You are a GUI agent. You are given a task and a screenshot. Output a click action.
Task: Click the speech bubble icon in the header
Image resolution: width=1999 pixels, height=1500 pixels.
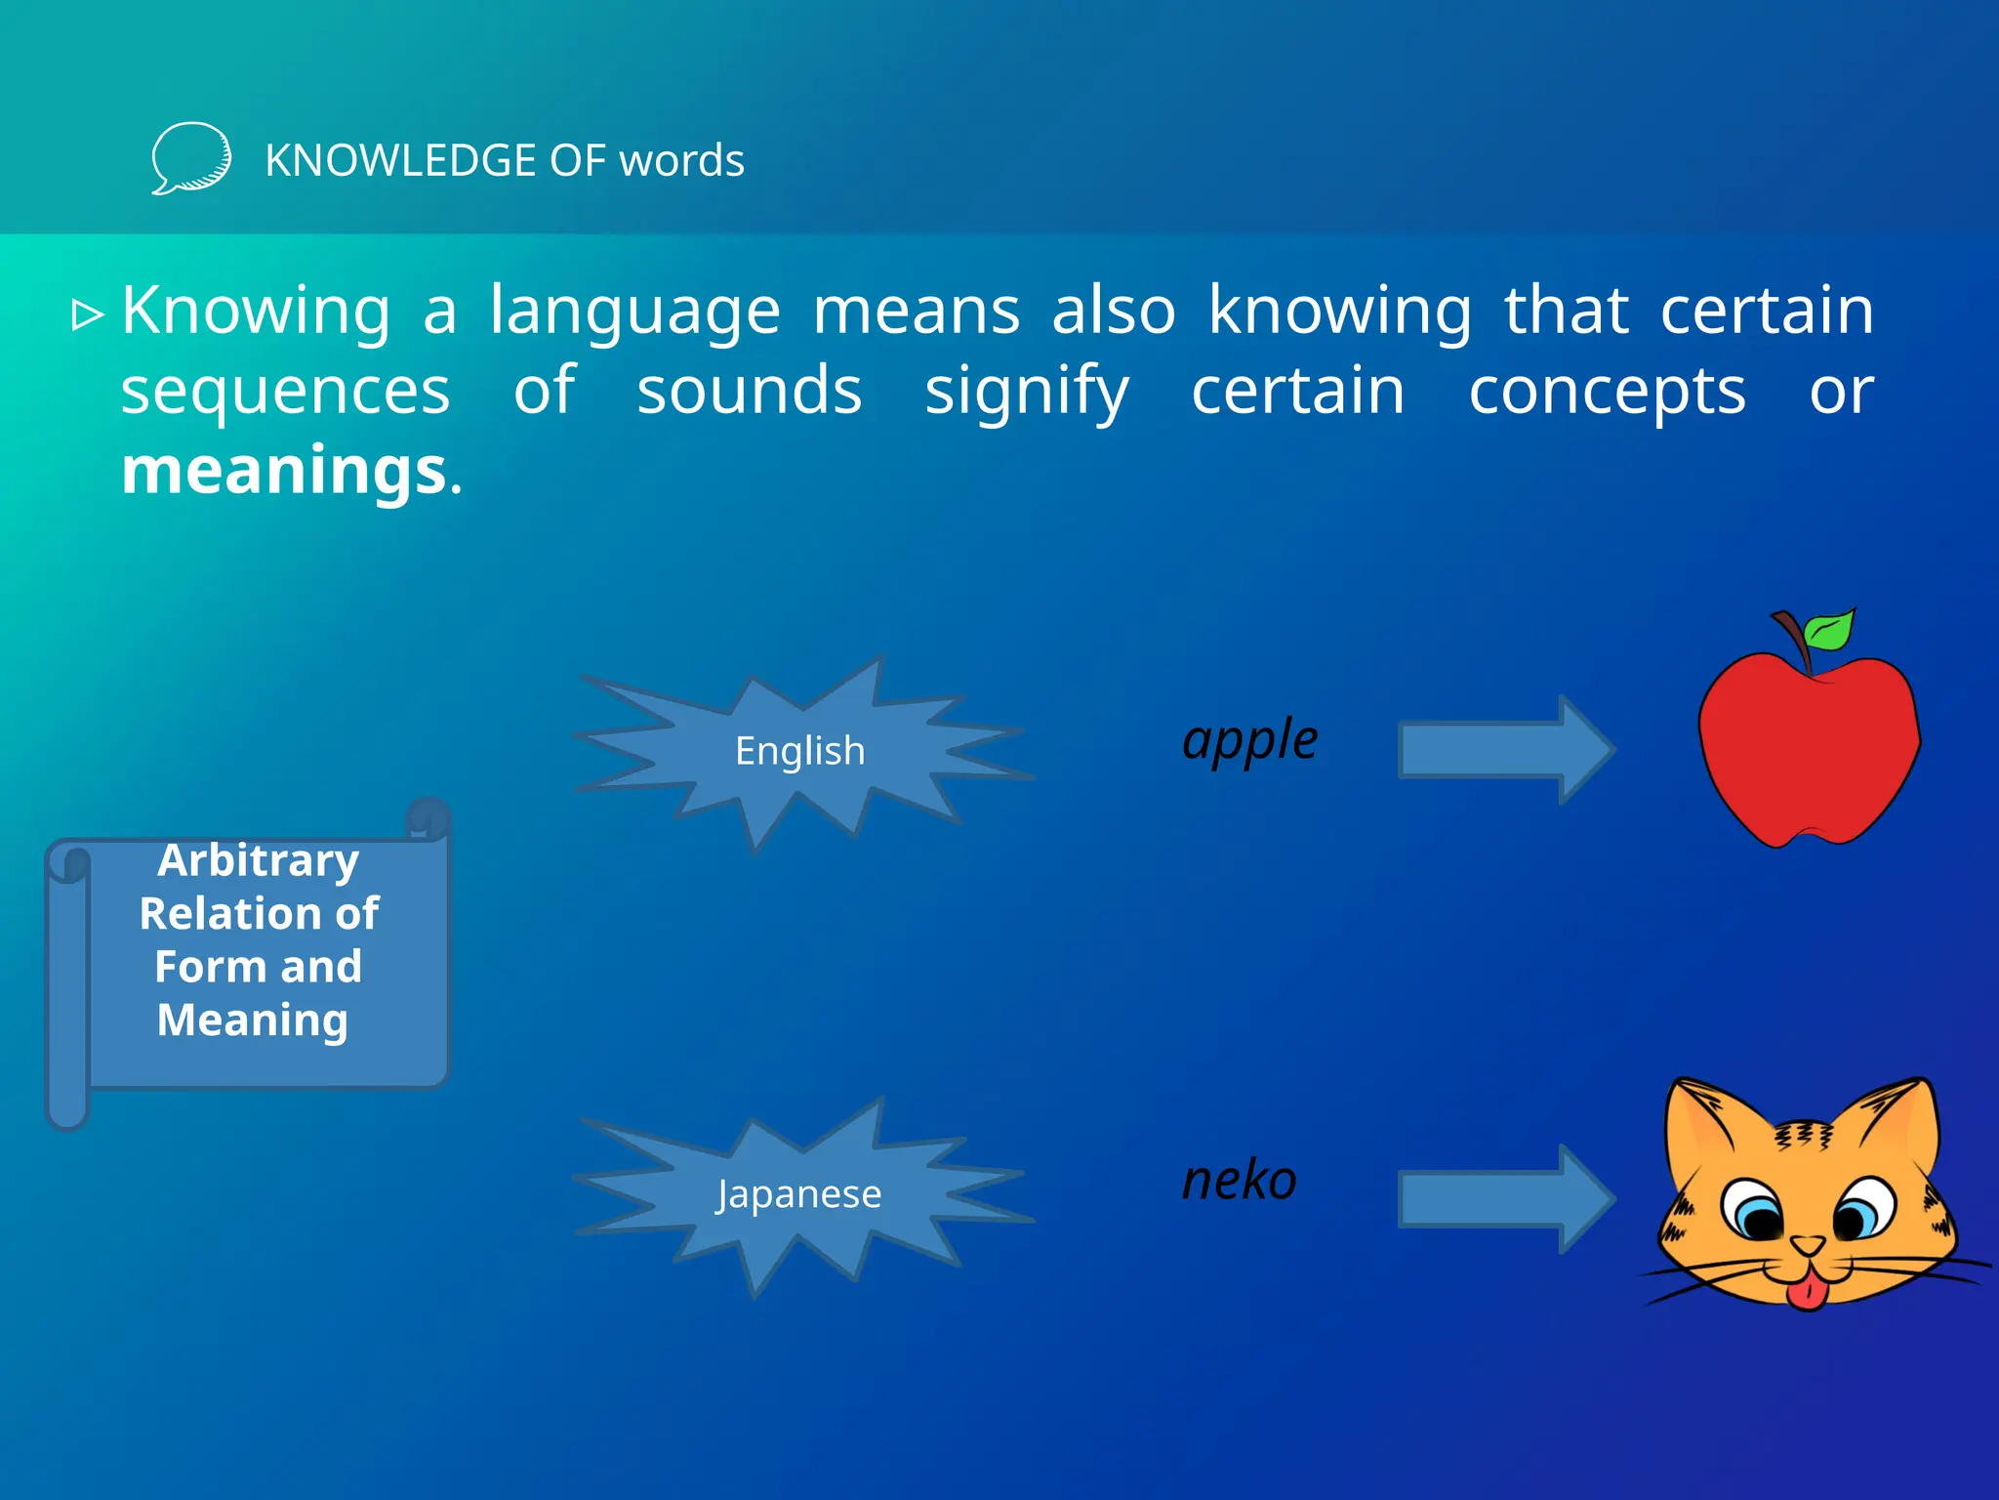(x=191, y=158)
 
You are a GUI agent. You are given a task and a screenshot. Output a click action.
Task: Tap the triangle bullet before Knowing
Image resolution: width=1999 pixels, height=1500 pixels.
(x=88, y=314)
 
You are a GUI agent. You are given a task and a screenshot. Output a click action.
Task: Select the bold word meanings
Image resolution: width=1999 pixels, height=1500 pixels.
(x=284, y=471)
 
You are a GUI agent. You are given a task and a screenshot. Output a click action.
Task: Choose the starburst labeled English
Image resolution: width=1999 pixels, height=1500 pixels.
(x=799, y=751)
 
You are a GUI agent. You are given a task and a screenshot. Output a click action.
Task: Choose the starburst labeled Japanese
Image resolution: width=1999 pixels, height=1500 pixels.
(x=799, y=1193)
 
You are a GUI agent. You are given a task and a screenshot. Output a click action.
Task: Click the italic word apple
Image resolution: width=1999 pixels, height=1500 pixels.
(x=1249, y=740)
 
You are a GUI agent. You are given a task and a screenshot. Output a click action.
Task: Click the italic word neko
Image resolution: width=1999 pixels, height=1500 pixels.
(x=1239, y=1181)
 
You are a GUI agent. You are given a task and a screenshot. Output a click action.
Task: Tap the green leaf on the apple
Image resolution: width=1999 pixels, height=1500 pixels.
(x=1830, y=630)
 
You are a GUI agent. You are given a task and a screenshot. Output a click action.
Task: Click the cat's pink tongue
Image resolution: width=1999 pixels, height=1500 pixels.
(x=1807, y=1293)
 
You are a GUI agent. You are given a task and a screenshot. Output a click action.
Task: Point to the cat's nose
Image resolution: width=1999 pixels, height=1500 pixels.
(x=1808, y=1245)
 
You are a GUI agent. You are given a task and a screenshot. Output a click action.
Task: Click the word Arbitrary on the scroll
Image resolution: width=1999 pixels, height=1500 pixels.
(x=259, y=861)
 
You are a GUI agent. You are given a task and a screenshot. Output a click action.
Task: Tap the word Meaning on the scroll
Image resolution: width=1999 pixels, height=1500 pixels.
(x=253, y=1021)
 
